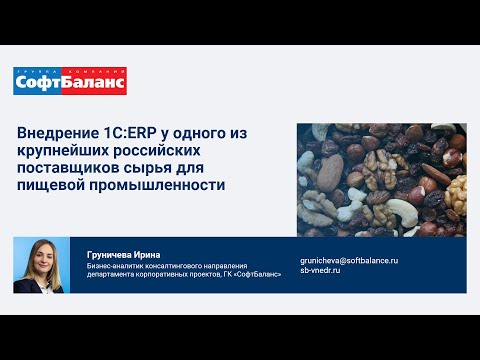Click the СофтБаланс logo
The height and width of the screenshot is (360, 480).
(x=70, y=82)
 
